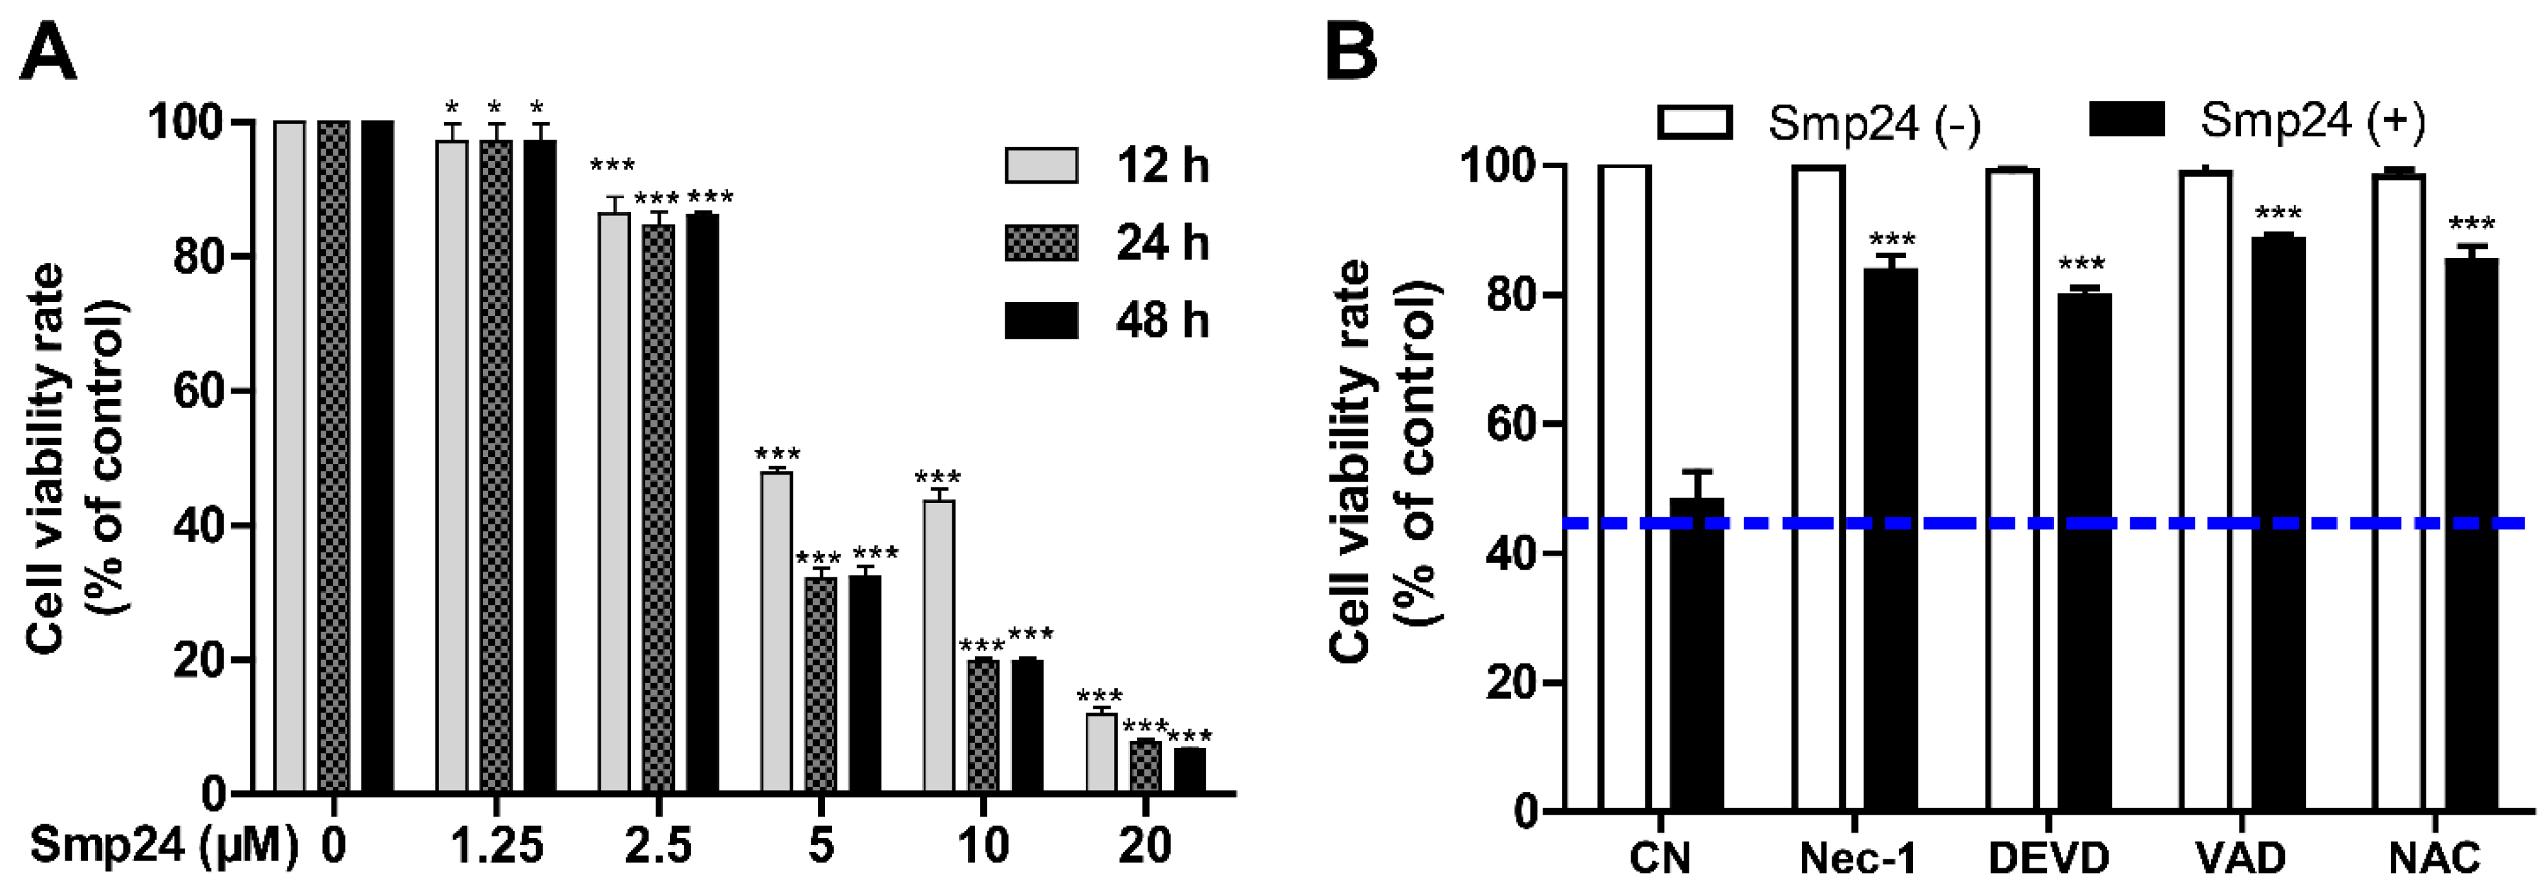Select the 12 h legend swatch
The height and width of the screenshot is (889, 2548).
(x=1040, y=165)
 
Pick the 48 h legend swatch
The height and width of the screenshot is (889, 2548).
(x=1040, y=321)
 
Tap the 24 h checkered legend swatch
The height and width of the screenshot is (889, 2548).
(x=1040, y=243)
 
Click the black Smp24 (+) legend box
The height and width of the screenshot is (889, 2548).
(x=2126, y=120)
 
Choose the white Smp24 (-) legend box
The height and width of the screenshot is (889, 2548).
(x=1695, y=122)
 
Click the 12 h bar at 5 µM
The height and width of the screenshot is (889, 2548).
(x=776, y=633)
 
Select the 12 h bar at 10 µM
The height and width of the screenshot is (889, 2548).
(x=939, y=648)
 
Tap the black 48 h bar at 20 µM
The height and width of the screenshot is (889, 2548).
(x=1190, y=771)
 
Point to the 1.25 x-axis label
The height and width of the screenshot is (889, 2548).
(x=497, y=846)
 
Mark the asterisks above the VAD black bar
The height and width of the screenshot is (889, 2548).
(x=2278, y=213)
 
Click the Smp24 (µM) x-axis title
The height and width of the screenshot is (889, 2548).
(x=163, y=846)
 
